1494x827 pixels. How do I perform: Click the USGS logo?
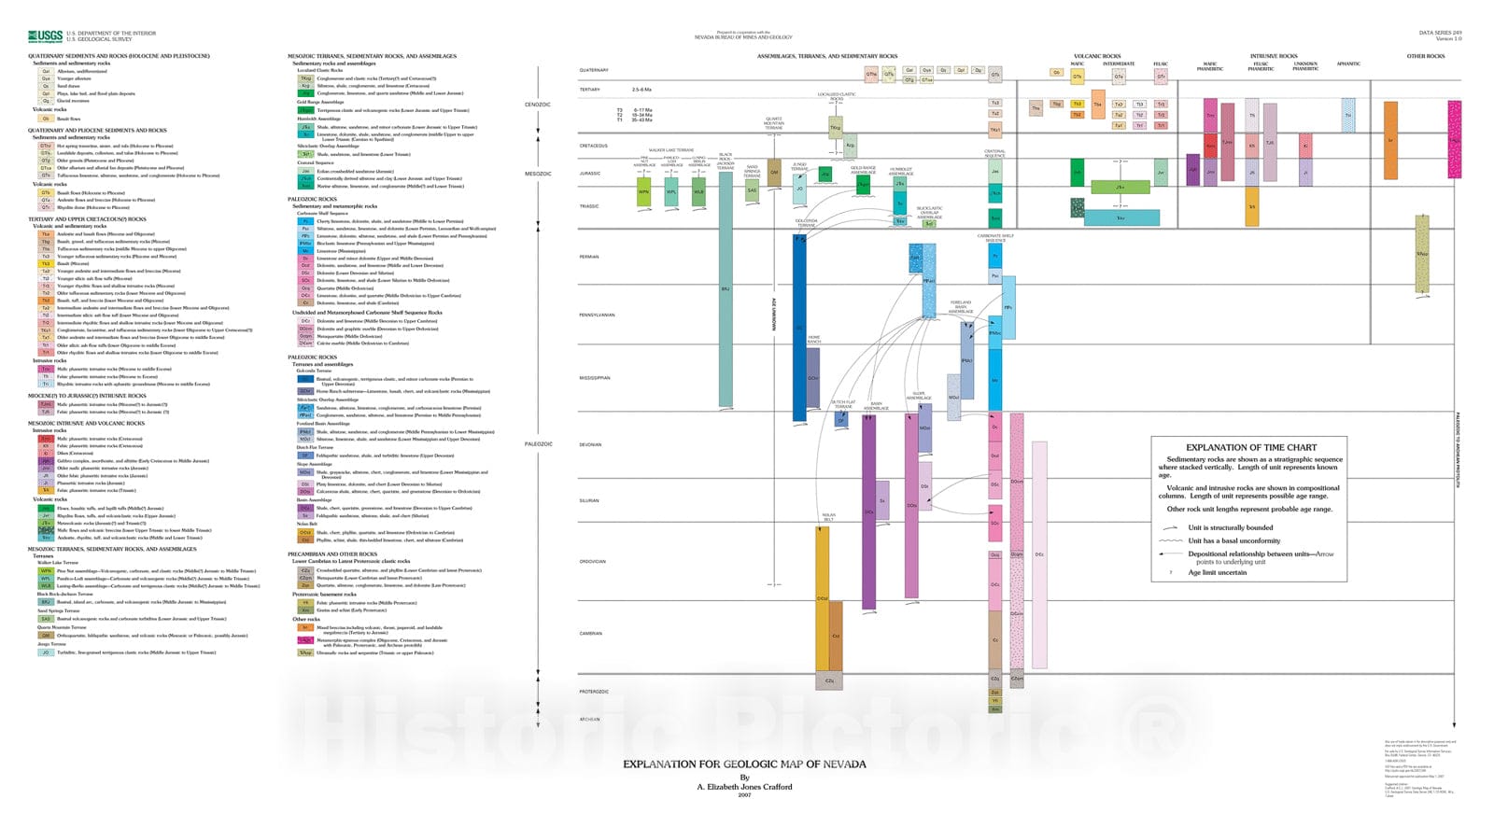pyautogui.click(x=45, y=36)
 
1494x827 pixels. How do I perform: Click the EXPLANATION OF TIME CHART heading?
pyautogui.click(x=1250, y=447)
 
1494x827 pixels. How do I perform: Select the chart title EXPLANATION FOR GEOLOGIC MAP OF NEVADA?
pyautogui.click(x=744, y=764)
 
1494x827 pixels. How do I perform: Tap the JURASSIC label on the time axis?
pyautogui.click(x=589, y=174)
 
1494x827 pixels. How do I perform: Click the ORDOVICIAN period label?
pyautogui.click(x=592, y=561)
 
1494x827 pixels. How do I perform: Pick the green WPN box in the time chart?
pyautogui.click(x=643, y=193)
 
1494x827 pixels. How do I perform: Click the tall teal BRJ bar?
pyautogui.click(x=726, y=289)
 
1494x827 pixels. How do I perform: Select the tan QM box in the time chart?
pyautogui.click(x=773, y=171)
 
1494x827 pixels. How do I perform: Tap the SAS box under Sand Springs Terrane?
pyautogui.click(x=752, y=191)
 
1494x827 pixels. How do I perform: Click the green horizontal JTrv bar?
pyautogui.click(x=1120, y=187)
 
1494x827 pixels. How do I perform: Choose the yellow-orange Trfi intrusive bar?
pyautogui.click(x=1251, y=206)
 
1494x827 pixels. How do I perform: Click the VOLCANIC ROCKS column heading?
pyautogui.click(x=1097, y=56)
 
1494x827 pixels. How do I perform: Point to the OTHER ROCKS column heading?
pyautogui.click(x=1425, y=56)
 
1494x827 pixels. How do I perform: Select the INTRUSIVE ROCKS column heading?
pyautogui.click(x=1274, y=56)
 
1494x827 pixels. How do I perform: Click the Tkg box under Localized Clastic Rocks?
pyautogui.click(x=836, y=127)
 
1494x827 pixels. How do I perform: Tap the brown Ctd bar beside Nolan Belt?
pyautogui.click(x=836, y=635)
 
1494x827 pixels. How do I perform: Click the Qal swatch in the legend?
pyautogui.click(x=46, y=71)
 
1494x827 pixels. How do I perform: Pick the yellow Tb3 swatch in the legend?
pyautogui.click(x=45, y=264)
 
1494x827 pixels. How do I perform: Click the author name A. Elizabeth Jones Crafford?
pyautogui.click(x=744, y=786)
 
